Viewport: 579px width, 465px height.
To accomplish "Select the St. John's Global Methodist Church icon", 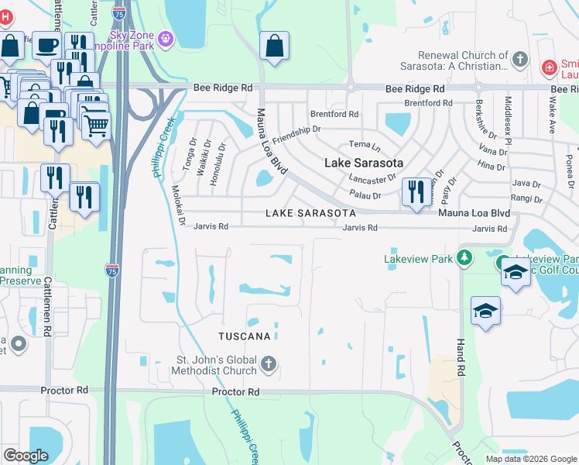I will click(x=268, y=363).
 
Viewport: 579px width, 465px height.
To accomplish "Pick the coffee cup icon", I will click(x=46, y=45).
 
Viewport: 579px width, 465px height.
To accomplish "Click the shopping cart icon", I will click(x=95, y=124).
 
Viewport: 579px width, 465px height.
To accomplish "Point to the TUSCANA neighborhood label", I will click(x=244, y=336).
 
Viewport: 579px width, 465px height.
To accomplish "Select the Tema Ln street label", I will click(x=365, y=145).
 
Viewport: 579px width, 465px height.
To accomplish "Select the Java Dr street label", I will click(x=526, y=184).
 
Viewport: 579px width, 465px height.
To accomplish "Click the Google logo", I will click(x=26, y=456).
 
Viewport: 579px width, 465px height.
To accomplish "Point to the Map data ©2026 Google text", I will click(x=530, y=459).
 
